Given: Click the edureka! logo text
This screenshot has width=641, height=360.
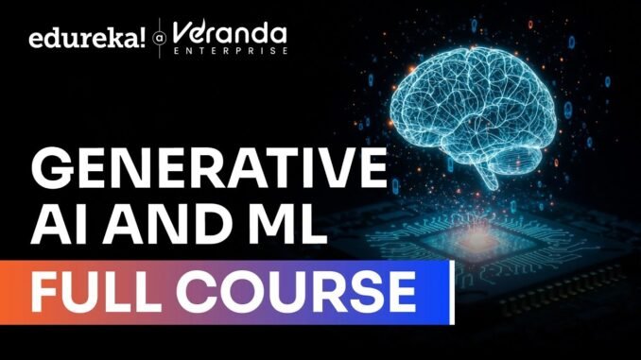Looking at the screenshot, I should [x=85, y=38].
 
